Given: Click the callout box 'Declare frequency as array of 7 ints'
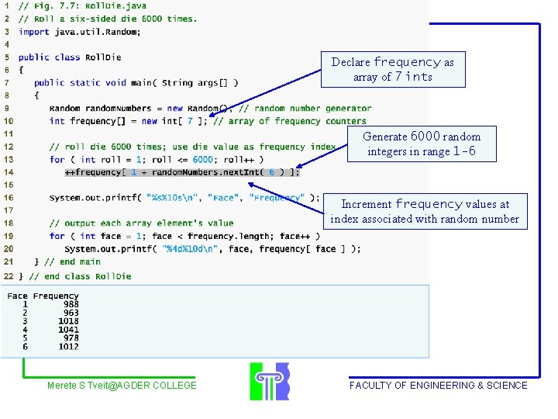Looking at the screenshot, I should pyautogui.click(x=393, y=69).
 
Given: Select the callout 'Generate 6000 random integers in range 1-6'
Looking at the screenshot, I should pyautogui.click(x=421, y=144).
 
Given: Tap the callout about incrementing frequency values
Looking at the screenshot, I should pyautogui.click(x=425, y=211).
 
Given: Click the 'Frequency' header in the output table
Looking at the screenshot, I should pyautogui.click(x=56, y=296).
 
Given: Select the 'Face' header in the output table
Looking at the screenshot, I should pyautogui.click(x=17, y=296).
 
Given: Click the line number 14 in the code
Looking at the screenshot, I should pyautogui.click(x=8, y=172).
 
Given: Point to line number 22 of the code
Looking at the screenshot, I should pyautogui.click(x=8, y=275).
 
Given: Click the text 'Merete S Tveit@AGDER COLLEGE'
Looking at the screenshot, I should pyautogui.click(x=122, y=386).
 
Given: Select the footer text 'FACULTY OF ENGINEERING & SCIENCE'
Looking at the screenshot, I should pyautogui.click(x=438, y=386).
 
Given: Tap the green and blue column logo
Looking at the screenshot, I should pyautogui.click(x=269, y=381).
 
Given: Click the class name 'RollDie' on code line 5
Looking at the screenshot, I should pyautogui.click(x=103, y=57).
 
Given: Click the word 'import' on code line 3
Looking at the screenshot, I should pyautogui.click(x=34, y=32).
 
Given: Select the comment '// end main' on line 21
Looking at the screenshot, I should pyautogui.click(x=73, y=262).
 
